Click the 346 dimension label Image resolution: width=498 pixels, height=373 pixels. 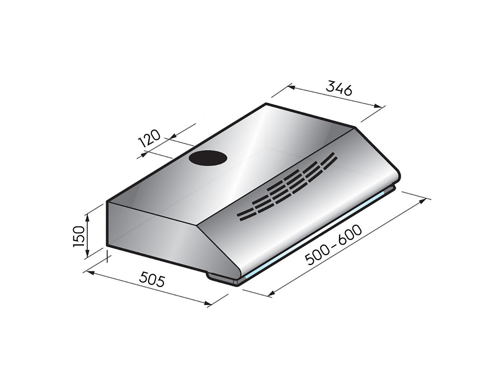339,88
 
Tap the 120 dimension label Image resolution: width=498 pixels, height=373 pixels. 149,138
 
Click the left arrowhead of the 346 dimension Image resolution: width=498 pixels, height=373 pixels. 291,87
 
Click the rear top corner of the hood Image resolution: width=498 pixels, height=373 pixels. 266,103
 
